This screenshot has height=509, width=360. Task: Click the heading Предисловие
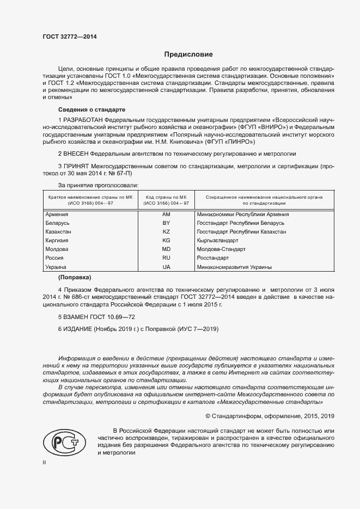(x=188, y=54)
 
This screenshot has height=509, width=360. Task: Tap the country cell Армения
(x=57, y=214)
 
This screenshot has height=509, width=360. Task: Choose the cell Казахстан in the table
(x=59, y=232)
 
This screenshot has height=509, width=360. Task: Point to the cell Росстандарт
(x=217, y=258)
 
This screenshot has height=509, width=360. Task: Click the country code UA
(x=166, y=267)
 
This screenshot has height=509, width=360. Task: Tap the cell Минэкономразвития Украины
(x=235, y=267)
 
